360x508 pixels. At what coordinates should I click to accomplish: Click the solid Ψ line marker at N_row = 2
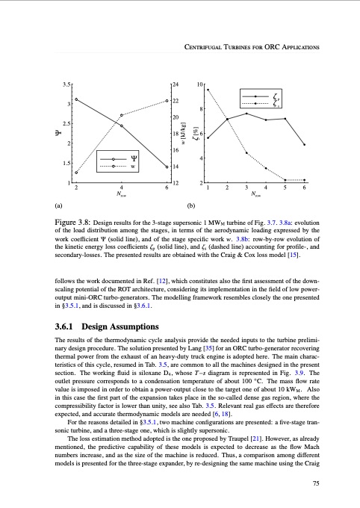[x=76, y=99]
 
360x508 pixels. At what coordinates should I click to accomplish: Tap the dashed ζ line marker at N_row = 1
[x=208, y=90]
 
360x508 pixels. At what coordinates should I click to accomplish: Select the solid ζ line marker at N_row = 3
[x=246, y=114]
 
